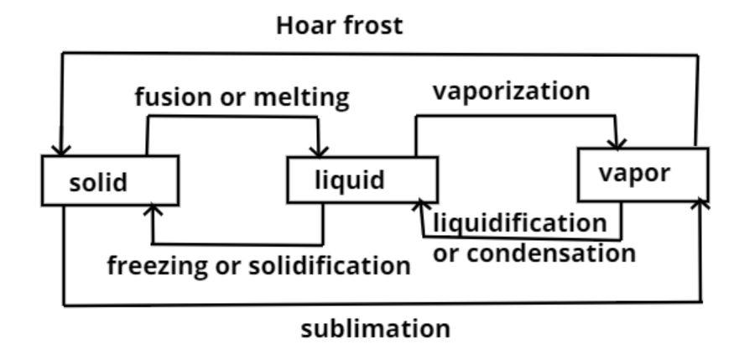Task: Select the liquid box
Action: pos(362,180)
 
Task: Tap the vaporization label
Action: pos(511,91)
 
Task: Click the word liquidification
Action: pos(518,224)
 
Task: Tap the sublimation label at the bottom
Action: pos(375,328)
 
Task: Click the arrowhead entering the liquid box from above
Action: pos(320,149)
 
